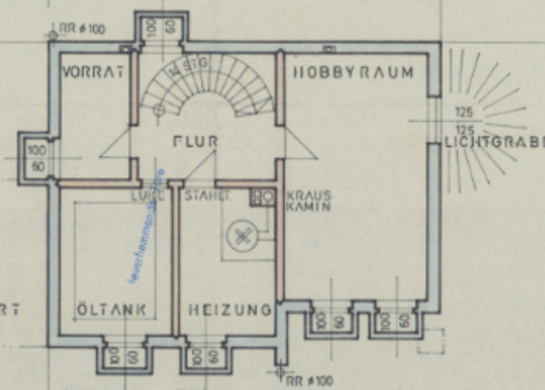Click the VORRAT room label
coord(92,72)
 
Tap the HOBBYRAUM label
coord(353,72)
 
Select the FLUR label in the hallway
coord(196,141)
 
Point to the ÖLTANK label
coord(111,310)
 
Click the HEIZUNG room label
coord(230,310)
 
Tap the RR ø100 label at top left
coord(82,28)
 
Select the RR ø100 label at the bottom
coord(310,380)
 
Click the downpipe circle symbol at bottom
coord(279,372)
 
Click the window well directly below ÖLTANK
coord(124,357)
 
